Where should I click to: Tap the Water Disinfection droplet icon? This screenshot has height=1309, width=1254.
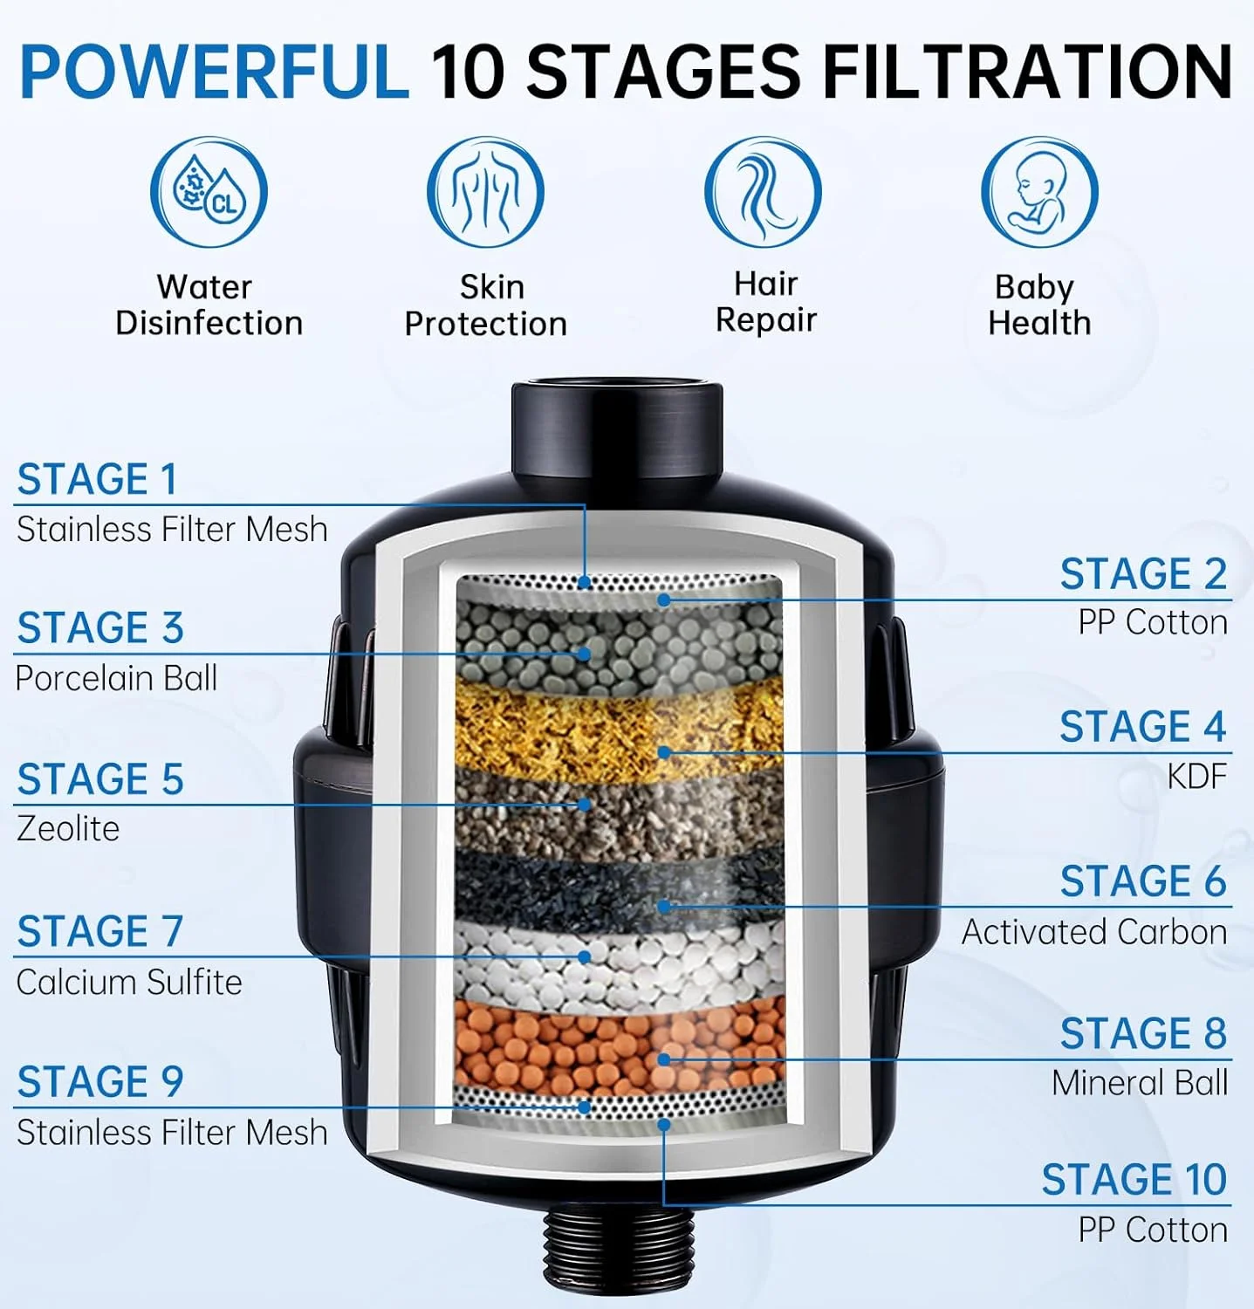209,192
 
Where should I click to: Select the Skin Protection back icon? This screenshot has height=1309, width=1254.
485,192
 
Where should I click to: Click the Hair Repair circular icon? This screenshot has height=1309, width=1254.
763,192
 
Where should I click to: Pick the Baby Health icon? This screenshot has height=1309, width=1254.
1039,192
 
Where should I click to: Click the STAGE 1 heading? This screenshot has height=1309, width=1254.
97,479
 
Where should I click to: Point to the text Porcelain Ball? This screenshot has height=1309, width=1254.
116,678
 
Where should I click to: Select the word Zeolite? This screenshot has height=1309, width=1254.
68,828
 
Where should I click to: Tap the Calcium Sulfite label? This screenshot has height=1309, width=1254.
129,982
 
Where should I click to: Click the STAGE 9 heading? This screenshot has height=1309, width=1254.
100,1082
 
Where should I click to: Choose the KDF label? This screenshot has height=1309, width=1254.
1197,776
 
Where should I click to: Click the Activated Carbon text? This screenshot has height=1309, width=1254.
1094,932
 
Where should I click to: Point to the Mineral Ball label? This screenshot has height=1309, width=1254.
1140,1083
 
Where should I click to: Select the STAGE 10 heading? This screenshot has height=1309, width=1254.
1134,1180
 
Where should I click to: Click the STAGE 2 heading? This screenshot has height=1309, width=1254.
1143,574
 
